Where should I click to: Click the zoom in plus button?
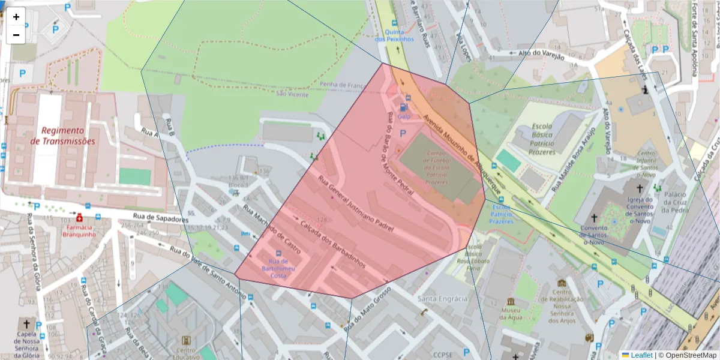(16, 17)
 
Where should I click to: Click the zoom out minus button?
(16, 35)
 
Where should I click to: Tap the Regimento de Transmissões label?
(62, 136)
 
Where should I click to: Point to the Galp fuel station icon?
(403, 107)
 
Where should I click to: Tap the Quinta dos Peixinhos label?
(394, 35)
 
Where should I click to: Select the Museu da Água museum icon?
(510, 301)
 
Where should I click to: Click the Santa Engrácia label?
(443, 298)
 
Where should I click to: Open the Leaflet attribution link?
(641, 355)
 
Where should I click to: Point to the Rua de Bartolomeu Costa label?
(277, 268)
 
